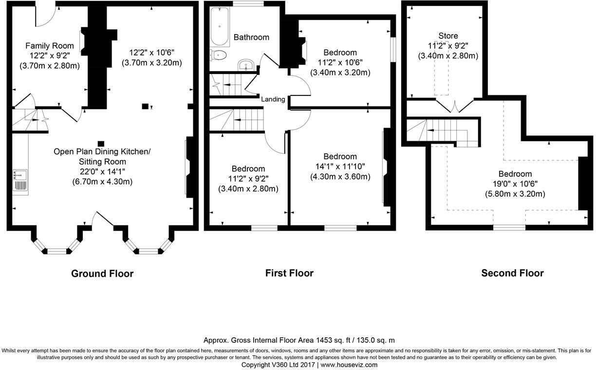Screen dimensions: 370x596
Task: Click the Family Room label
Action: coord(50,46)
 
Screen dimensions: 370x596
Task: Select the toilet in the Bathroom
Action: coord(219,55)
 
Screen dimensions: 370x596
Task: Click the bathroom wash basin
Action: coord(246,65)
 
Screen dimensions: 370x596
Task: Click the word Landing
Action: coord(273,99)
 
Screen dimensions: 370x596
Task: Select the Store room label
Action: coord(448,36)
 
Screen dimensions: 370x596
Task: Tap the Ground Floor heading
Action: coord(102,274)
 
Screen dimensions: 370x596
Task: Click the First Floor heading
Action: coord(289,273)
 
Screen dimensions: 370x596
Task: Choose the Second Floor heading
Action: coord(512,273)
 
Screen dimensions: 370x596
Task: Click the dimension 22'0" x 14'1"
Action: coord(102,171)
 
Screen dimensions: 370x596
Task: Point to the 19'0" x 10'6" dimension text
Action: coord(515,184)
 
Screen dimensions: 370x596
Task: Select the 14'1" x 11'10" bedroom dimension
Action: coord(340,166)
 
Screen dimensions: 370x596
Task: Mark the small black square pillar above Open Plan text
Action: coord(101,143)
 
